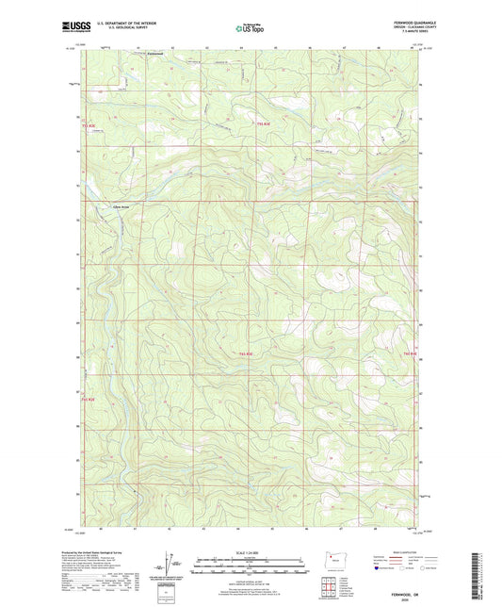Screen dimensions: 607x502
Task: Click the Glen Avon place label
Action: pos(121,205)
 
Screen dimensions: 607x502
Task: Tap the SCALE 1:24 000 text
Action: pos(251,552)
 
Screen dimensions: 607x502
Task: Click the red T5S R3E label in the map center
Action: pos(243,353)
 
